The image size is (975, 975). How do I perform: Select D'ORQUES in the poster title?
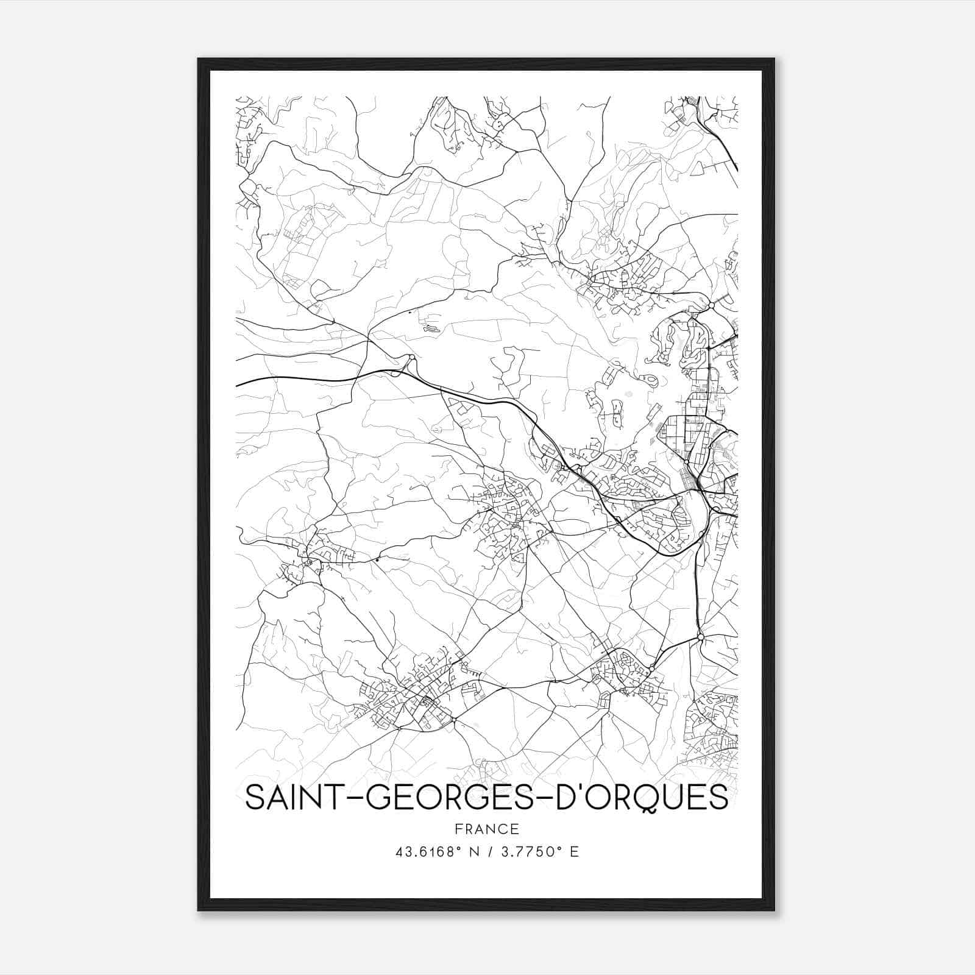click(x=643, y=798)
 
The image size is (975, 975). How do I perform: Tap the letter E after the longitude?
click(x=574, y=851)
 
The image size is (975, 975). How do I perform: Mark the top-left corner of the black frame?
click(x=199, y=59)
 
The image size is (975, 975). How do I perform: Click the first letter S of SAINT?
click(x=255, y=798)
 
